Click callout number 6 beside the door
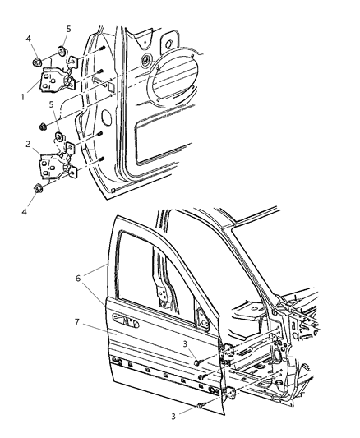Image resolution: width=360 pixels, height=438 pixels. [78, 279]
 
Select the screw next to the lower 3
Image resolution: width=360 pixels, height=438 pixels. [201, 405]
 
